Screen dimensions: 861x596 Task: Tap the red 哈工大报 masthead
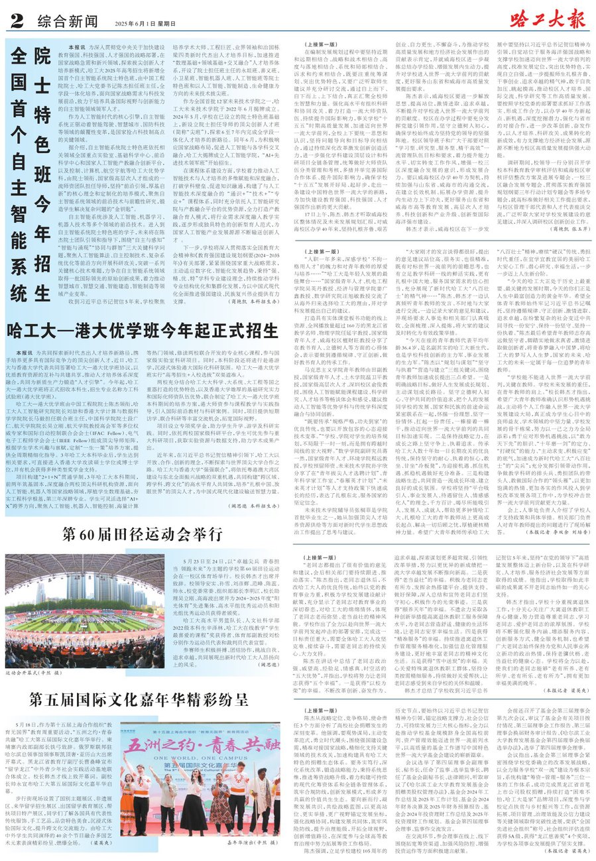click(x=549, y=15)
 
